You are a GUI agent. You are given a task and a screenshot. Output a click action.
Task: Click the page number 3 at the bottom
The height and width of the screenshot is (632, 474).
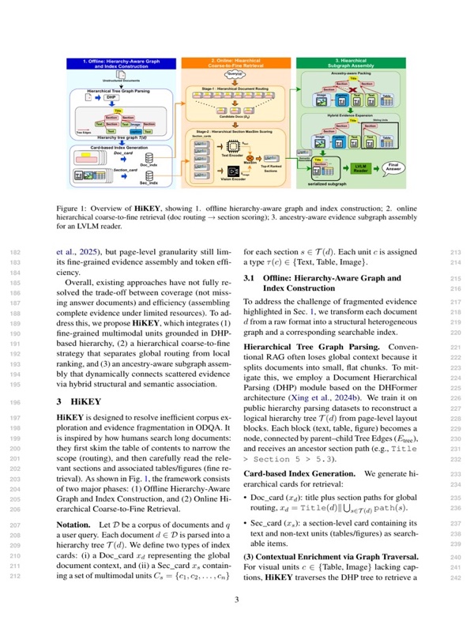click(237, 600)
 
